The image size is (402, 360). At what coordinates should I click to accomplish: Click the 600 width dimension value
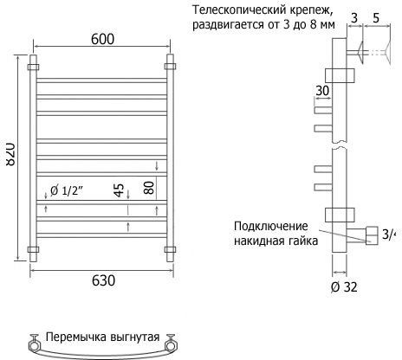[102, 39]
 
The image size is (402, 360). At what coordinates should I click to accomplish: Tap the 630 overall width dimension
[103, 280]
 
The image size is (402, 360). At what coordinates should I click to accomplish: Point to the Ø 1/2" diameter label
[67, 190]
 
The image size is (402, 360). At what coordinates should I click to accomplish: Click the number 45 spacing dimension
[119, 190]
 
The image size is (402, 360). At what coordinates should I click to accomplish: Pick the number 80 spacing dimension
[149, 188]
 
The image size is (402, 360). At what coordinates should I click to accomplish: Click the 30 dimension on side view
[322, 91]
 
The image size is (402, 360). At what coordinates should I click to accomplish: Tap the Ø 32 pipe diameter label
[344, 287]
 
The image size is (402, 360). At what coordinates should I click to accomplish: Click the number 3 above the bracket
[354, 18]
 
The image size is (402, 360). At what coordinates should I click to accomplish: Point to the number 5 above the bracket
[376, 18]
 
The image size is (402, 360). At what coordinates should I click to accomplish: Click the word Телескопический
[240, 10]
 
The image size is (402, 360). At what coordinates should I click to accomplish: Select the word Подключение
[271, 226]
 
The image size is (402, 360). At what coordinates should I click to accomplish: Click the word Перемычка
[76, 337]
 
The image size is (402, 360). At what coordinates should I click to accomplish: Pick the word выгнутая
[135, 337]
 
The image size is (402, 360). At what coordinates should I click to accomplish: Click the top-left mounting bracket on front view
[33, 67]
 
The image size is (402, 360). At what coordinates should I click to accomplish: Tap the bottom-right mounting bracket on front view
[170, 250]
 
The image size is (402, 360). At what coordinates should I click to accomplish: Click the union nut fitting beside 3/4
[372, 235]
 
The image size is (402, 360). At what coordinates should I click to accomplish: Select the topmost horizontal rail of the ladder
[102, 80]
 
